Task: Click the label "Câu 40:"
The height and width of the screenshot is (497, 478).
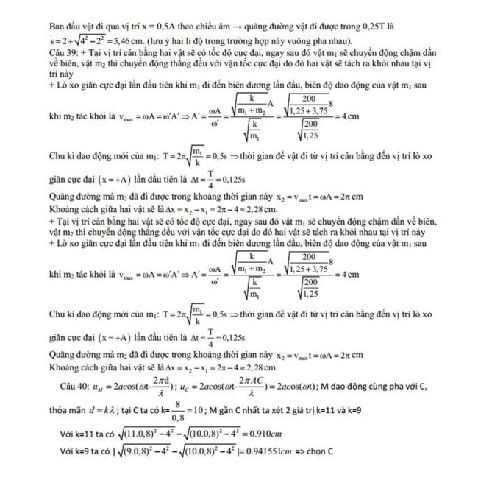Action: click(75, 384)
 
